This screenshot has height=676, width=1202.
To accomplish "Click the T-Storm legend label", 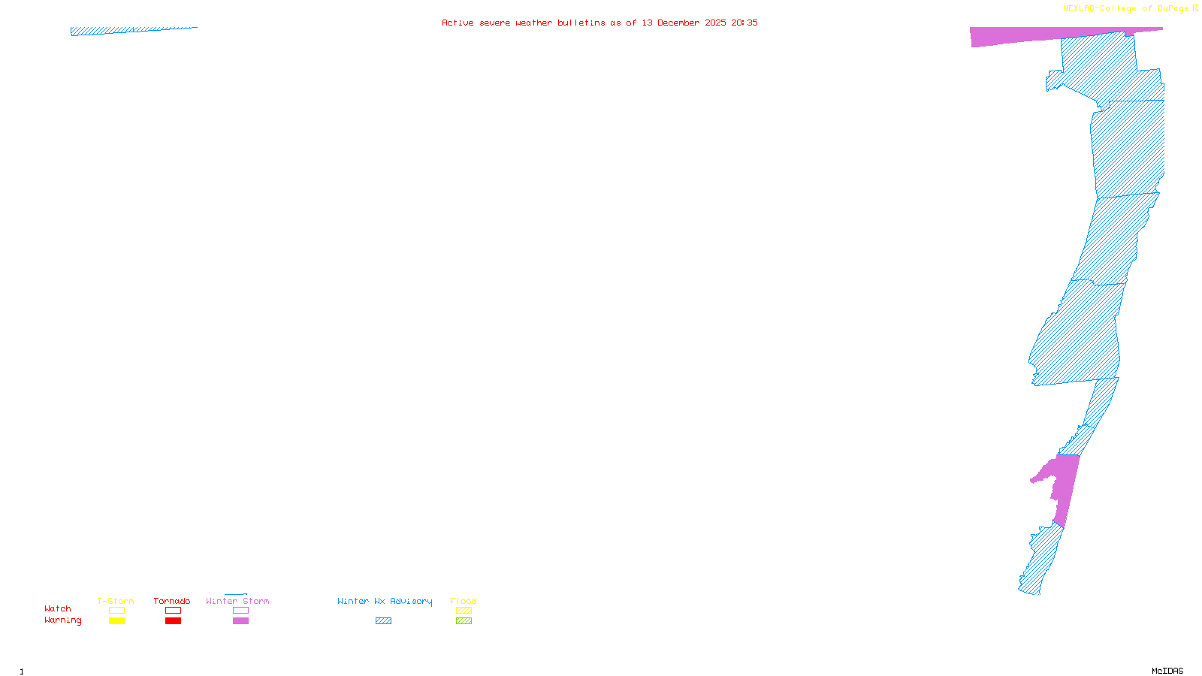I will tap(116, 601).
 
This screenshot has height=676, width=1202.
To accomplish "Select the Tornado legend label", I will tap(172, 601).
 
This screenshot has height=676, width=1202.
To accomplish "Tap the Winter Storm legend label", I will tap(237, 601).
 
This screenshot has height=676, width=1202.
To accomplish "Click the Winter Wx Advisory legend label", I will tap(385, 601).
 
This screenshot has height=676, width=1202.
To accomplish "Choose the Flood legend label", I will tap(464, 601).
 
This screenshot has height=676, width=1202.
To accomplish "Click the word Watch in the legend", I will tap(58, 608).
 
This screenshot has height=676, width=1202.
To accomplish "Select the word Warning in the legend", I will tap(63, 620).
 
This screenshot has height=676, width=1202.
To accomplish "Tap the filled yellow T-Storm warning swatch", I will tap(116, 621).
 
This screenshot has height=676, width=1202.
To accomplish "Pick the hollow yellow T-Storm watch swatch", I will tap(116, 611).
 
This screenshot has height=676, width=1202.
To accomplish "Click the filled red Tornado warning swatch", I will tap(173, 621).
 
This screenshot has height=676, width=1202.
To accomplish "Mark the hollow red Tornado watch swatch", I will tap(173, 611).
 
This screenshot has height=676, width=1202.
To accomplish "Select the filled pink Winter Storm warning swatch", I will tap(240, 621).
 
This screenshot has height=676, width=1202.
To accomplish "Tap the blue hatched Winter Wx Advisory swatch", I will tap(383, 621).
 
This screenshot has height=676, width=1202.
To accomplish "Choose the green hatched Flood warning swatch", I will tap(464, 621).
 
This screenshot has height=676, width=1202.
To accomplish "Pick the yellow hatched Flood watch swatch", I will tap(464, 611).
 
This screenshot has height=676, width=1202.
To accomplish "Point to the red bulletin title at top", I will tap(599, 23).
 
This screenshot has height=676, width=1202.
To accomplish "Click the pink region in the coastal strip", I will tap(1065, 484).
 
